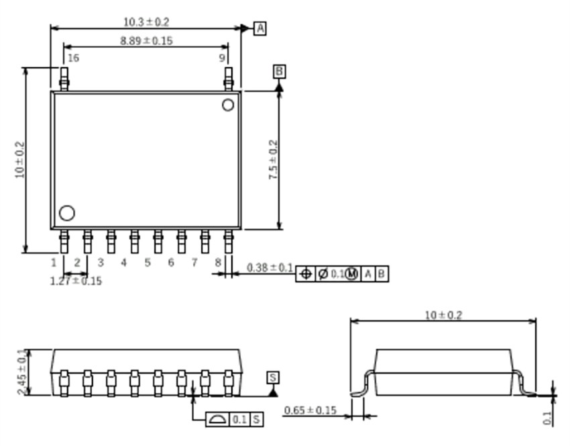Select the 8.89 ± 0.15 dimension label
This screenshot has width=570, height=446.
pos(146,41)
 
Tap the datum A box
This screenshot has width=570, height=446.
pos(260,28)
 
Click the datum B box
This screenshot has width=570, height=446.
pos(280,71)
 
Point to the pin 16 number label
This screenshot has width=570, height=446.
pos(73,58)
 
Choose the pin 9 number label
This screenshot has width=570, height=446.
pos(222,58)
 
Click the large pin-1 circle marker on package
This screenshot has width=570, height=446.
pos(66,213)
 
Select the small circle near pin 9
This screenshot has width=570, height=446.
pos(228,105)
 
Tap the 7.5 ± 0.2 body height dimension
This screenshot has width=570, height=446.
pos(273,159)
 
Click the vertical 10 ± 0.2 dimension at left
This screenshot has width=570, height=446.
pos(20,160)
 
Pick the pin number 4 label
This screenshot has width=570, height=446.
pos(124,263)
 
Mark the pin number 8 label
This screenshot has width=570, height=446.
pos(217,263)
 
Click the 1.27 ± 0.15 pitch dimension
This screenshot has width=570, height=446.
pos(76,281)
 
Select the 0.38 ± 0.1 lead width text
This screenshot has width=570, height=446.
pos(270,268)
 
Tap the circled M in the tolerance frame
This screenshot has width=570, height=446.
pos(352,274)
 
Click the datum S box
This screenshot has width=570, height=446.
pos(273,376)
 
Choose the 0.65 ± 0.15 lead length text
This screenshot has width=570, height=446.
pos(310,410)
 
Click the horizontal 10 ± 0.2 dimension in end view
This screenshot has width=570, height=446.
pos(443,315)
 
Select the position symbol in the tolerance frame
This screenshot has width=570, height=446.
pos(305,274)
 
